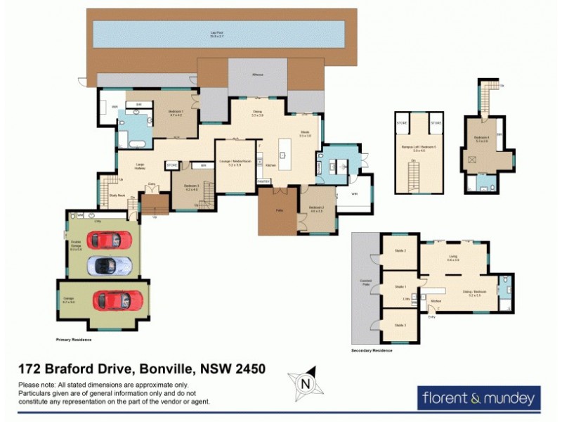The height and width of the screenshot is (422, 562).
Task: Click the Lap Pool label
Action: [221, 32]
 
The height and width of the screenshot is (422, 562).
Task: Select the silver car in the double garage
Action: [109, 265]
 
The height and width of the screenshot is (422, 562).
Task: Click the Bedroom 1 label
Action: [175, 113]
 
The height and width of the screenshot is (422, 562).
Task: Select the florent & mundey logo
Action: [479, 398]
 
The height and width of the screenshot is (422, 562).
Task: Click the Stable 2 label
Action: [400, 250]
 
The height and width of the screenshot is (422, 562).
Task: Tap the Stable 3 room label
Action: [400, 325]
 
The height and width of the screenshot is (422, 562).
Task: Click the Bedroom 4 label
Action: [482, 139]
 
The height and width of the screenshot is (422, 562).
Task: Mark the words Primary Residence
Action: [74, 339]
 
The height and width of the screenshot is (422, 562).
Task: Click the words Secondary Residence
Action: [372, 350]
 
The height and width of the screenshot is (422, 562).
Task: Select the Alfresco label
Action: [258, 75]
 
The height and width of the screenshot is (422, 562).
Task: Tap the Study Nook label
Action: [117, 196]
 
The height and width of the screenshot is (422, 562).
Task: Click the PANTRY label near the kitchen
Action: [263, 181]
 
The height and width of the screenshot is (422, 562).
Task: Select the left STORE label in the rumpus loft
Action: [403, 122]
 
